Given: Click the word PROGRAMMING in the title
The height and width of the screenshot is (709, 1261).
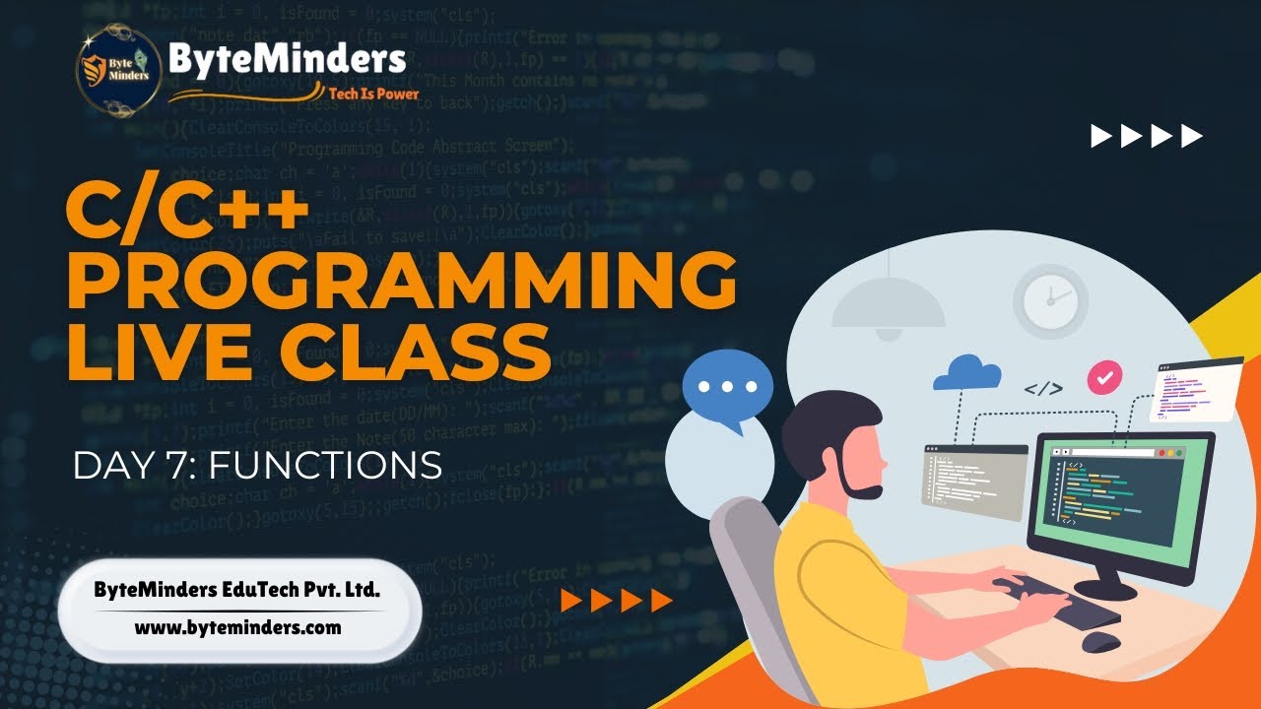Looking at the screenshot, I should click(401, 280).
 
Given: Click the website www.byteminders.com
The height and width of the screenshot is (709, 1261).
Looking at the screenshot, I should click(237, 626).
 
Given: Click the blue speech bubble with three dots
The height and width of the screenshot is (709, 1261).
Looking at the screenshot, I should click(727, 387).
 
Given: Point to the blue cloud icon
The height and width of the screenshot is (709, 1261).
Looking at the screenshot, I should click(966, 373).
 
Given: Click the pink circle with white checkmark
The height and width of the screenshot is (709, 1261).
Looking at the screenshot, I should click(1104, 376).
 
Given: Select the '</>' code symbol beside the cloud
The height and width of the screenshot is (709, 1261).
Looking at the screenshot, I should click(1042, 388).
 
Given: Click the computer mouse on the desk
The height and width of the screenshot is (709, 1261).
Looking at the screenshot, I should click(1100, 641).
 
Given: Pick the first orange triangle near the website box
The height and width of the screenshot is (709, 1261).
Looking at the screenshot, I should click(569, 600).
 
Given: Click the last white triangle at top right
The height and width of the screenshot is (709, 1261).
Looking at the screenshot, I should click(1192, 136).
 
